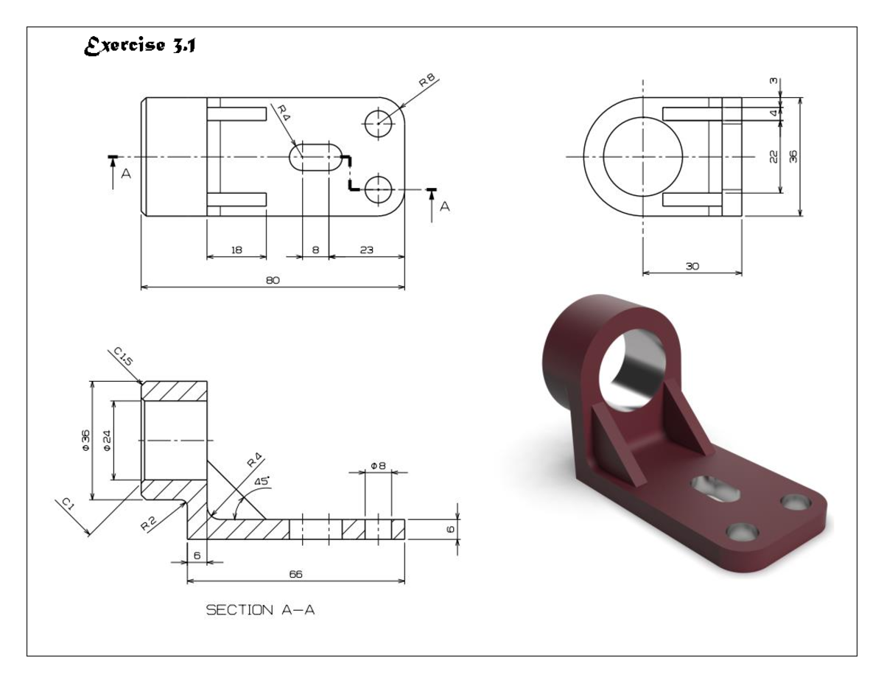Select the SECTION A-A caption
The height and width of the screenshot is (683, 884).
(x=260, y=610)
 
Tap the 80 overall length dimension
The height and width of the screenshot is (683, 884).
(x=273, y=280)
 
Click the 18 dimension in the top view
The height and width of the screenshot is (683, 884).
(x=236, y=251)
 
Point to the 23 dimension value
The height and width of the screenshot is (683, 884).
(x=366, y=251)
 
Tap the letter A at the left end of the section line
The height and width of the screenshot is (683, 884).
(x=126, y=175)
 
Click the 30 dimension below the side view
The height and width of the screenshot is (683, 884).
(x=692, y=267)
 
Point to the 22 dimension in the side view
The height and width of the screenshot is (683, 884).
(x=773, y=156)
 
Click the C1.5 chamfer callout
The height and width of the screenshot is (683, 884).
(x=124, y=359)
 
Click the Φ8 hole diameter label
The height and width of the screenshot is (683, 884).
(x=378, y=466)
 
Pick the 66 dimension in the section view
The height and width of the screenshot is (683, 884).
(x=295, y=574)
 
